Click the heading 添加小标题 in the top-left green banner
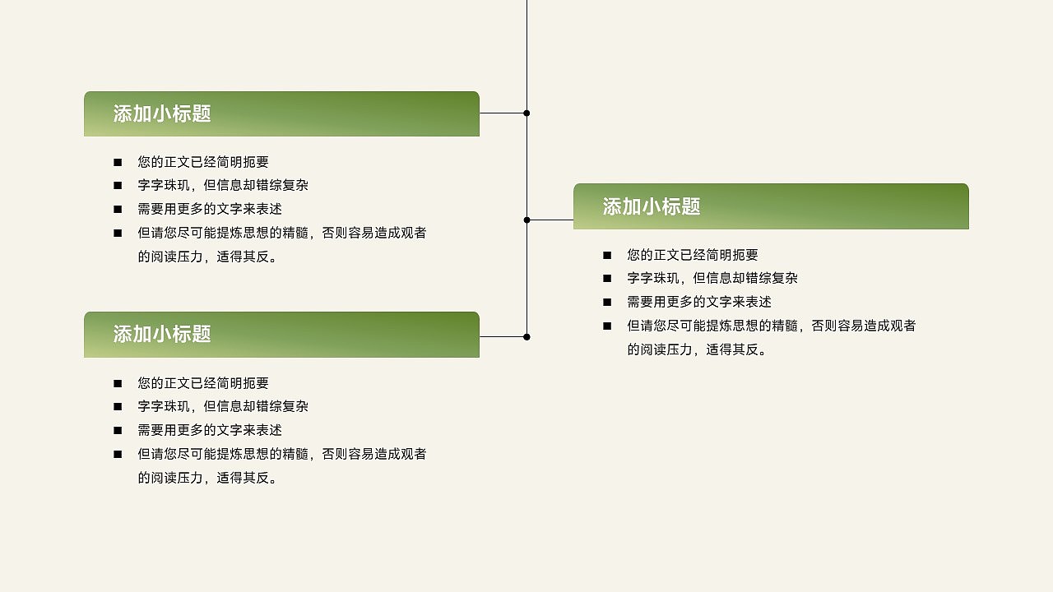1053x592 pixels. pyautogui.click(x=162, y=114)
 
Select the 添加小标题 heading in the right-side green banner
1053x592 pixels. pyautogui.click(x=652, y=207)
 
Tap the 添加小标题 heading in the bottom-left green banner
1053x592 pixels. pyautogui.click(x=162, y=334)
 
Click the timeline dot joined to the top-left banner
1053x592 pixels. pyautogui.click(x=526, y=113)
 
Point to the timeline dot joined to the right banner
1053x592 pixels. pyautogui.click(x=526, y=220)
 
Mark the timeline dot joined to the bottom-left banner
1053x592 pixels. pyautogui.click(x=526, y=336)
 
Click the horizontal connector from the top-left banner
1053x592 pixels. pyautogui.click(x=502, y=113)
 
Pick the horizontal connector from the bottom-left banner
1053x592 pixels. pyautogui.click(x=502, y=336)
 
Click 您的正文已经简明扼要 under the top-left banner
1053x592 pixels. pyautogui.click(x=203, y=162)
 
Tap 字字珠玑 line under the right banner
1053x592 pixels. pyautogui.click(x=712, y=278)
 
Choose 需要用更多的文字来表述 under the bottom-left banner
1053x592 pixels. pyautogui.click(x=210, y=430)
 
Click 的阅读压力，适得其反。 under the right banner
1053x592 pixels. pyautogui.click(x=699, y=349)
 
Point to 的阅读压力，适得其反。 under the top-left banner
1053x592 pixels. pyautogui.click(x=210, y=257)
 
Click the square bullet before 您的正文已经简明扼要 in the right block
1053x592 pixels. pyautogui.click(x=607, y=255)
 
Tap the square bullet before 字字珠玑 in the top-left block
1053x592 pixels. pyautogui.click(x=118, y=186)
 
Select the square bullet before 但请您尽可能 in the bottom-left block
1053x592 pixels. pyautogui.click(x=118, y=454)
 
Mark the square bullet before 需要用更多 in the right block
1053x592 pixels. pyautogui.click(x=607, y=302)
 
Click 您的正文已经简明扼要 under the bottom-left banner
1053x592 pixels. pyautogui.click(x=203, y=383)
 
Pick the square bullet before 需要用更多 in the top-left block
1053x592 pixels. pyautogui.click(x=118, y=209)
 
